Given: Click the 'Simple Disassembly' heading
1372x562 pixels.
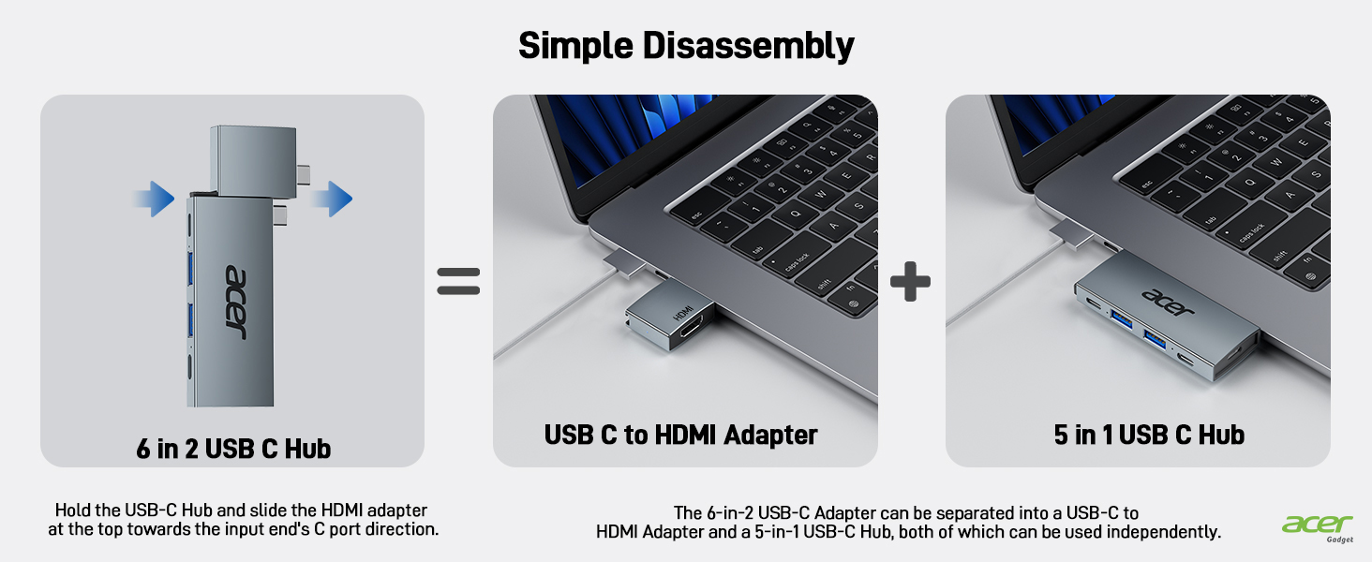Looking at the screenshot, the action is point(686,46).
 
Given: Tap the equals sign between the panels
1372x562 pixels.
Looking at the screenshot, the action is point(458,281).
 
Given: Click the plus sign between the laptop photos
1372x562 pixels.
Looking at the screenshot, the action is point(910,282).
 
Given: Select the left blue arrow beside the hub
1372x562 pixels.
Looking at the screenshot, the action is point(155,199).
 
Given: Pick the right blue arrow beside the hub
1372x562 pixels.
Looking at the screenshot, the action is point(332,199).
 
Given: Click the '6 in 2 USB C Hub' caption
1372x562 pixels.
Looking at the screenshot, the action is point(233,449).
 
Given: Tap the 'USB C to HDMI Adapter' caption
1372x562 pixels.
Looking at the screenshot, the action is point(680,435).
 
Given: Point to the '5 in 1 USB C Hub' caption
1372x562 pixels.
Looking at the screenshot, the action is point(1149,435).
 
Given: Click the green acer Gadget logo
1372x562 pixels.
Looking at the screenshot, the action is point(1317,527).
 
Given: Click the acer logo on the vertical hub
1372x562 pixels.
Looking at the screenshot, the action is point(236,302).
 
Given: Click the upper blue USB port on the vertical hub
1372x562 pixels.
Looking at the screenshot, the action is point(190,268).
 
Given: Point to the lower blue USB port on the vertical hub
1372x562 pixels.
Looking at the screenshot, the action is point(190,319).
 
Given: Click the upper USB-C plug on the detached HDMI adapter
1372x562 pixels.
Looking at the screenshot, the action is point(304,174).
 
